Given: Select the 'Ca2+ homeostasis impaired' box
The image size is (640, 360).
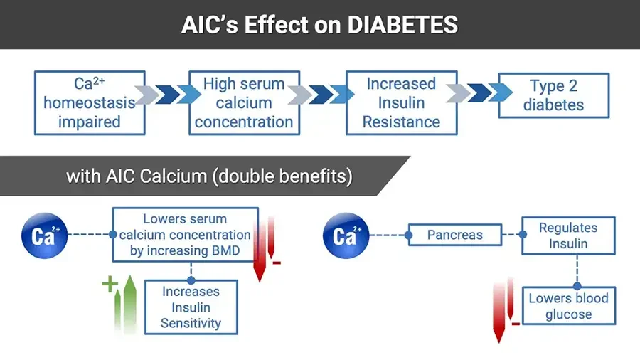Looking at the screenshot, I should coord(90,102).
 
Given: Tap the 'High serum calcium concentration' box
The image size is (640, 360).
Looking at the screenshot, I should coord(243,102).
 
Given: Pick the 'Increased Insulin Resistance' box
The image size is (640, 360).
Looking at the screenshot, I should coord(401,102).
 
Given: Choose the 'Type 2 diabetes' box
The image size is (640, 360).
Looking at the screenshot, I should coord(553,95).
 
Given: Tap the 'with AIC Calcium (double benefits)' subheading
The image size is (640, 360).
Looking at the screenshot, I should coord(209,176).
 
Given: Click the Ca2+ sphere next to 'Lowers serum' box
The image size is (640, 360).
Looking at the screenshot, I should coord(44,235).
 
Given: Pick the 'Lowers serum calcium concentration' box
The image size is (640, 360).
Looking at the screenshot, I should coord(185,235).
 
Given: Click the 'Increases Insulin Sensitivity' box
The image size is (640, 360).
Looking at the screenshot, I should coord(191,307).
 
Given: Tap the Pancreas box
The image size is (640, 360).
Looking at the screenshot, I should coord(455,235).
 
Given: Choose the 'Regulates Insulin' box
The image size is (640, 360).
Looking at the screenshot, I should coord(567,235).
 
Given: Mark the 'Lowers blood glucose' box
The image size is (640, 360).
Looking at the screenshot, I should coord(568,306).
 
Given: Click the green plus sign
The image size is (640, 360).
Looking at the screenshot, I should coord(110,285).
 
